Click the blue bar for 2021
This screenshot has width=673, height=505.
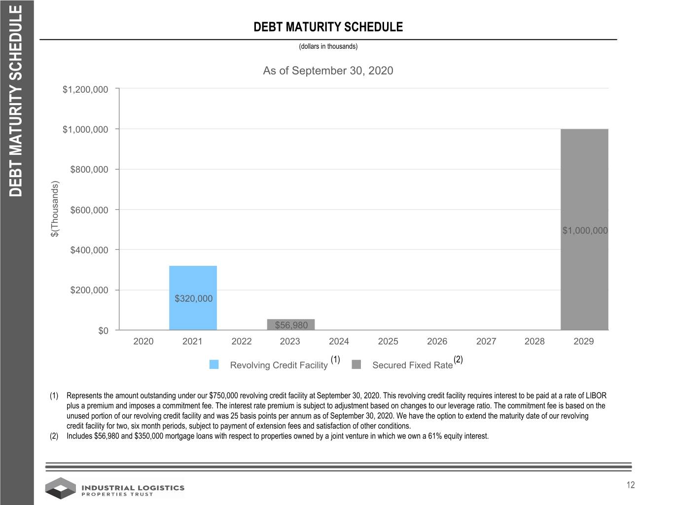[x=193, y=298]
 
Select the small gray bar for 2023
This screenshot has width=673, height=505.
[x=291, y=325]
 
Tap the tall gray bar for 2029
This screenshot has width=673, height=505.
[x=584, y=230]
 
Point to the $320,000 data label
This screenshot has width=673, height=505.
[x=193, y=299]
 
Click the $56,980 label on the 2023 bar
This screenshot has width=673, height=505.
[x=291, y=325]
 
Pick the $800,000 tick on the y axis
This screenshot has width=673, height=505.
[x=89, y=170]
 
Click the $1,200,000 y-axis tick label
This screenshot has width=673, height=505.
[x=85, y=90]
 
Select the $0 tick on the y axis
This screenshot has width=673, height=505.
[x=104, y=331]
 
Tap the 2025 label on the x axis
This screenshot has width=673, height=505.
[x=388, y=341]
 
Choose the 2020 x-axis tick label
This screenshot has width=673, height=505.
[x=143, y=341]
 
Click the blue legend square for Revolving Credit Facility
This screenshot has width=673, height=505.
[x=214, y=364]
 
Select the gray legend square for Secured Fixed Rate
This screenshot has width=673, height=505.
[x=356, y=364]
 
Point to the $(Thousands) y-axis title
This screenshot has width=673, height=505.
[x=55, y=209]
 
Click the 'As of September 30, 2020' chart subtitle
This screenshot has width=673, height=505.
[x=328, y=71]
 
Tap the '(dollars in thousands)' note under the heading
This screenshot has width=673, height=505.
[x=328, y=46]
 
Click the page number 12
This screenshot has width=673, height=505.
[x=631, y=485]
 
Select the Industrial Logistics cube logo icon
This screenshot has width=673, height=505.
[x=61, y=488]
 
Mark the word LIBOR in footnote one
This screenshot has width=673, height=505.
[x=596, y=396]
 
